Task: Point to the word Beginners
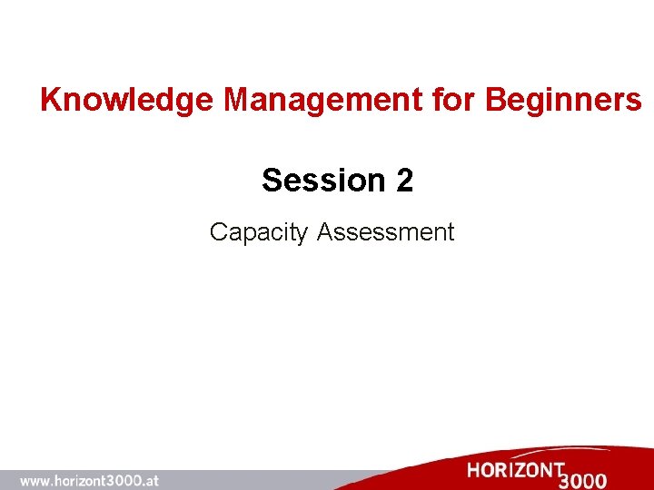(x=563, y=100)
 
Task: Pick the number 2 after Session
(x=404, y=181)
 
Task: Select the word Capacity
(x=259, y=232)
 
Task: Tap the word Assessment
(x=385, y=232)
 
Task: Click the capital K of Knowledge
(x=51, y=100)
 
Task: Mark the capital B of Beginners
(x=496, y=100)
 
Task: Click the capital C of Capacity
(x=218, y=232)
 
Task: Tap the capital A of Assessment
(x=325, y=232)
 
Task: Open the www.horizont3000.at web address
(x=89, y=481)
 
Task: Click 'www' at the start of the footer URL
(x=35, y=481)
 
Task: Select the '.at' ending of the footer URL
(x=150, y=481)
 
